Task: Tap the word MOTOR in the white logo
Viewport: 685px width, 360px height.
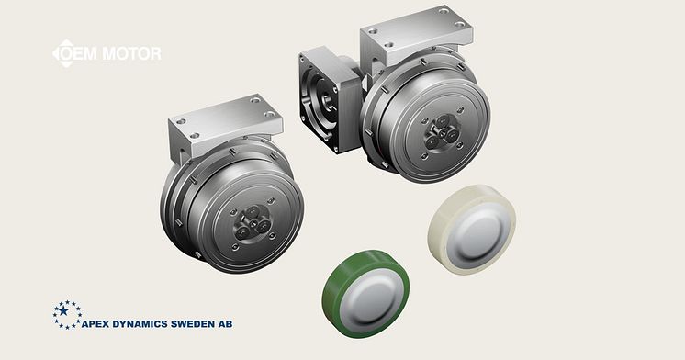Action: tap(132, 53)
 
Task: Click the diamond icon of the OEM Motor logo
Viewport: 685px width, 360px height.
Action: tap(65, 53)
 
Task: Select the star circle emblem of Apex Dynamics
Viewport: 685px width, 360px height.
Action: tap(66, 315)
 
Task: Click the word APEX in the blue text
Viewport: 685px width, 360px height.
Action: tap(95, 324)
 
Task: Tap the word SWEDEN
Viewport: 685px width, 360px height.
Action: tap(192, 324)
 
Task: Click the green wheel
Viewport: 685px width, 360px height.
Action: tap(365, 294)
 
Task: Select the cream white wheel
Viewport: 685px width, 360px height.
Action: tap(471, 230)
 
